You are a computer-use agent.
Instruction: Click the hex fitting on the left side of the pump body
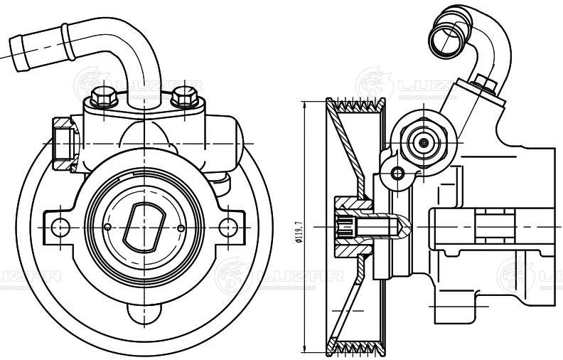point(63,143)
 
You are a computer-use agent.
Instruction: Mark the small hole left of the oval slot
point(107,226)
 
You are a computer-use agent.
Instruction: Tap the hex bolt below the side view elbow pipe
point(486,85)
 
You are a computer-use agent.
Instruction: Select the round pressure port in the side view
point(424,142)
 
